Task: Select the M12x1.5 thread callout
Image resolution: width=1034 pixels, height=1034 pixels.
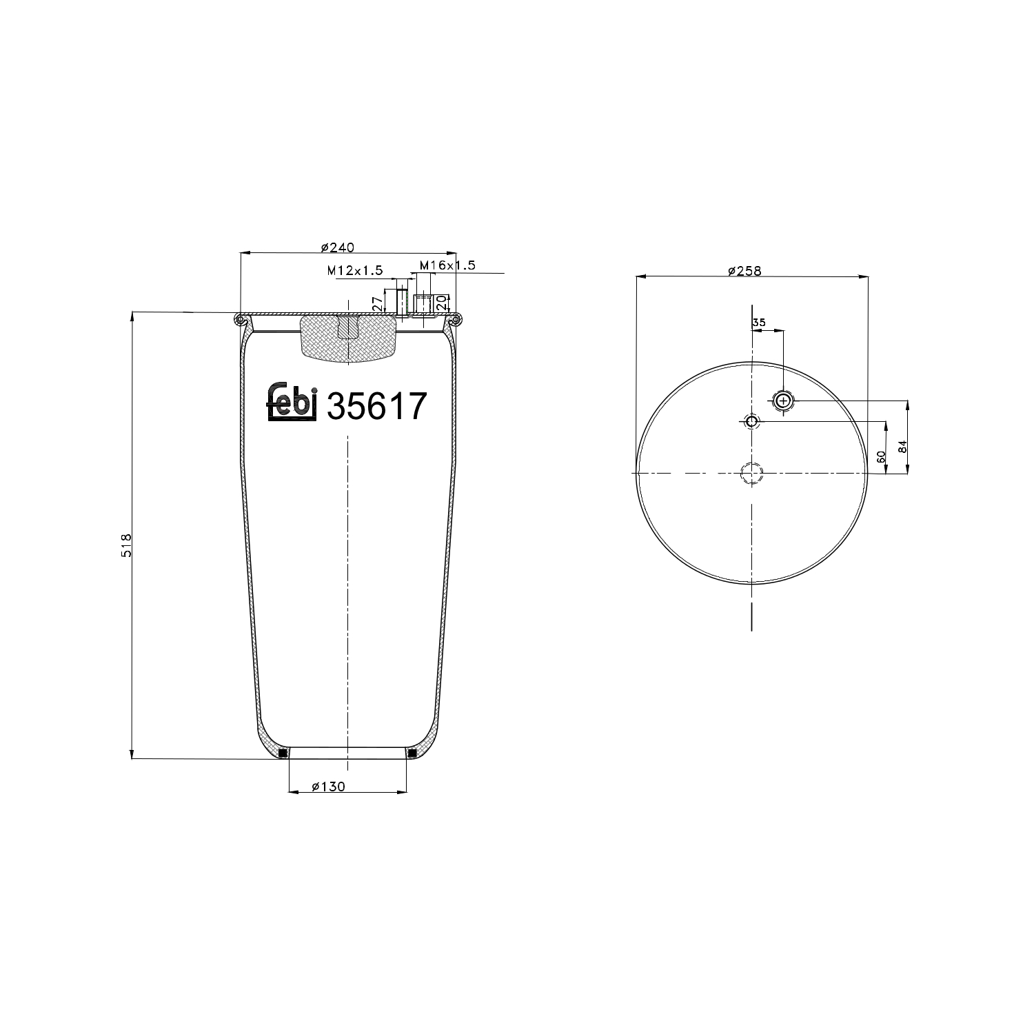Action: [x=354, y=271]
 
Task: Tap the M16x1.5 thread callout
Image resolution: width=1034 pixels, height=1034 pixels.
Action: [x=447, y=265]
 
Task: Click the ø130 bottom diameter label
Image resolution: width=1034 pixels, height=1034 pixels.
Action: [x=328, y=787]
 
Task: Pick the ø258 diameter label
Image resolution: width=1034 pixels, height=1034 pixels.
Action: [x=744, y=271]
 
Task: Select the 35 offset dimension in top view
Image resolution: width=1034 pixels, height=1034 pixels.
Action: [x=759, y=323]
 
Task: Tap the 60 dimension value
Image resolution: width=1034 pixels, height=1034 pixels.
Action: [x=880, y=457]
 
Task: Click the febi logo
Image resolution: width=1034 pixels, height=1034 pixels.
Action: [x=291, y=402]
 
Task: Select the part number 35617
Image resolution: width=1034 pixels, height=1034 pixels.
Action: [x=376, y=407]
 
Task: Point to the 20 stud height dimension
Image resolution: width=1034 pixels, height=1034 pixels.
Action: [x=441, y=302]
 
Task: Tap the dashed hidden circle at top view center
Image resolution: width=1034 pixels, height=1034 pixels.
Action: [x=751, y=474]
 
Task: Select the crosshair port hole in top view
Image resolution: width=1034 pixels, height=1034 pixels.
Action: [x=783, y=401]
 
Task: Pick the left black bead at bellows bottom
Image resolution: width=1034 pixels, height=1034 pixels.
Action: [x=283, y=753]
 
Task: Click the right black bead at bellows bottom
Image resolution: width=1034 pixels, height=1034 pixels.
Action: [x=412, y=753]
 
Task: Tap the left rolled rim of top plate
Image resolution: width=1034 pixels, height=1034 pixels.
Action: [x=240, y=319]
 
